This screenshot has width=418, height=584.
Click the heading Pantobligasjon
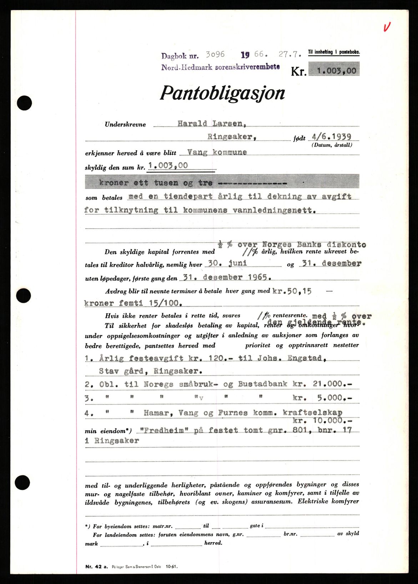click(x=222, y=93)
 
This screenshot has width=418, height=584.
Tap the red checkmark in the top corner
click(x=387, y=27)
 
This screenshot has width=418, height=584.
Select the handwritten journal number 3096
click(x=215, y=54)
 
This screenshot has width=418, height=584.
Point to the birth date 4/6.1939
click(x=331, y=137)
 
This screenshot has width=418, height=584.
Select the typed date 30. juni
click(x=228, y=264)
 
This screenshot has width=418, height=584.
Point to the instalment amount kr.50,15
click(x=292, y=291)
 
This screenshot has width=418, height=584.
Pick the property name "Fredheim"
click(x=165, y=430)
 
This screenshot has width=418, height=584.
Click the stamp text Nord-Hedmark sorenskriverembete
click(x=220, y=67)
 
